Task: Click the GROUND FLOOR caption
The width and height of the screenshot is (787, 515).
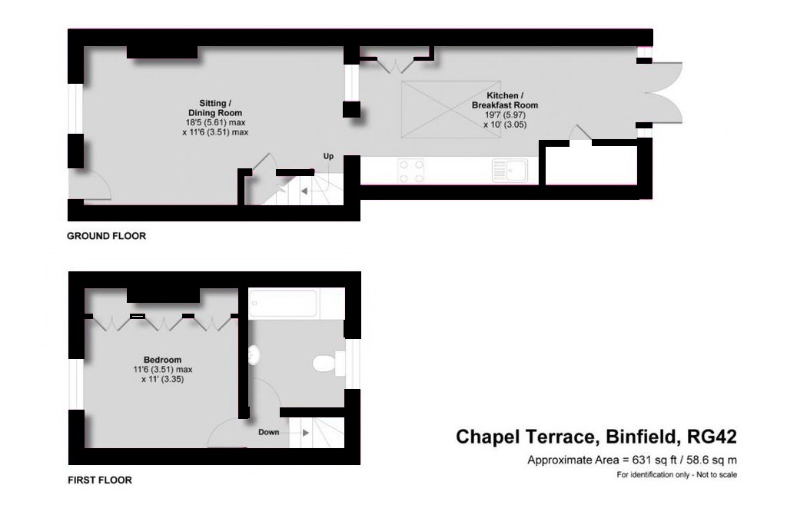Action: (x=106, y=236)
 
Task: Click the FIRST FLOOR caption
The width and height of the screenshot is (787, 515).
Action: (x=100, y=480)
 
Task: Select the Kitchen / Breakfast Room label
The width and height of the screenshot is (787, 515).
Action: (x=505, y=100)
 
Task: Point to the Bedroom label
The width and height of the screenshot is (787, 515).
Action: (x=162, y=360)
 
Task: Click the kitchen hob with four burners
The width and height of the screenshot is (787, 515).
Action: (x=411, y=170)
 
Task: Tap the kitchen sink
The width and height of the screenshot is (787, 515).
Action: (x=510, y=170)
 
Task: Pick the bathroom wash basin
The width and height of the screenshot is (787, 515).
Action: (x=254, y=354)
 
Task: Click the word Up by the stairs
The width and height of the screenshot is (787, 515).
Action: (x=328, y=157)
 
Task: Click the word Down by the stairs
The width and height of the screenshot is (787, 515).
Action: (x=268, y=432)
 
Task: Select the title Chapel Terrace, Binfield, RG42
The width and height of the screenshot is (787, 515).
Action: (x=596, y=437)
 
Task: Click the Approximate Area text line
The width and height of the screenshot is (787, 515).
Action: (x=632, y=460)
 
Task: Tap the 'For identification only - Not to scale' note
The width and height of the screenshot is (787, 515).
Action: (x=676, y=475)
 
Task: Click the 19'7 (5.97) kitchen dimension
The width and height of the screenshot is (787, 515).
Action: (x=504, y=115)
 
